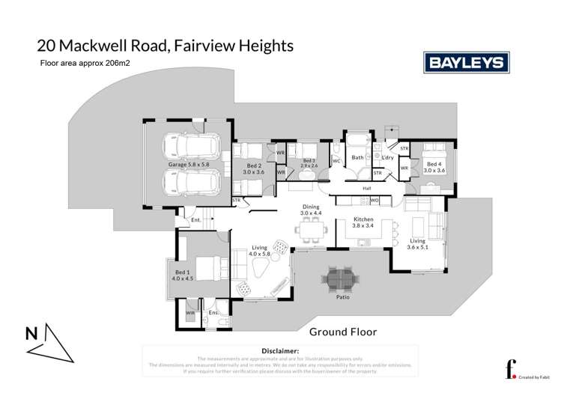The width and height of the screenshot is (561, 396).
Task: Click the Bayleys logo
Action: tap(465, 63)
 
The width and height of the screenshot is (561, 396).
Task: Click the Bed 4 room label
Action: tap(434, 167)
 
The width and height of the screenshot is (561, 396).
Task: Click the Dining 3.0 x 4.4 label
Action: tap(310, 210)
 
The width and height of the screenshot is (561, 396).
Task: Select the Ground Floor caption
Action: tap(343, 332)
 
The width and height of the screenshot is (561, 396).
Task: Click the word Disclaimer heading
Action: tap(280, 350)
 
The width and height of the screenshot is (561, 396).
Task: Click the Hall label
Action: tap(367, 189)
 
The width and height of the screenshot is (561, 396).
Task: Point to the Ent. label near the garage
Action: tap(195, 219)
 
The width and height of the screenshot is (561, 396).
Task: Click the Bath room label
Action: tap(358, 157)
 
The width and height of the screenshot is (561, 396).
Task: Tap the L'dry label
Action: tap(387, 157)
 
